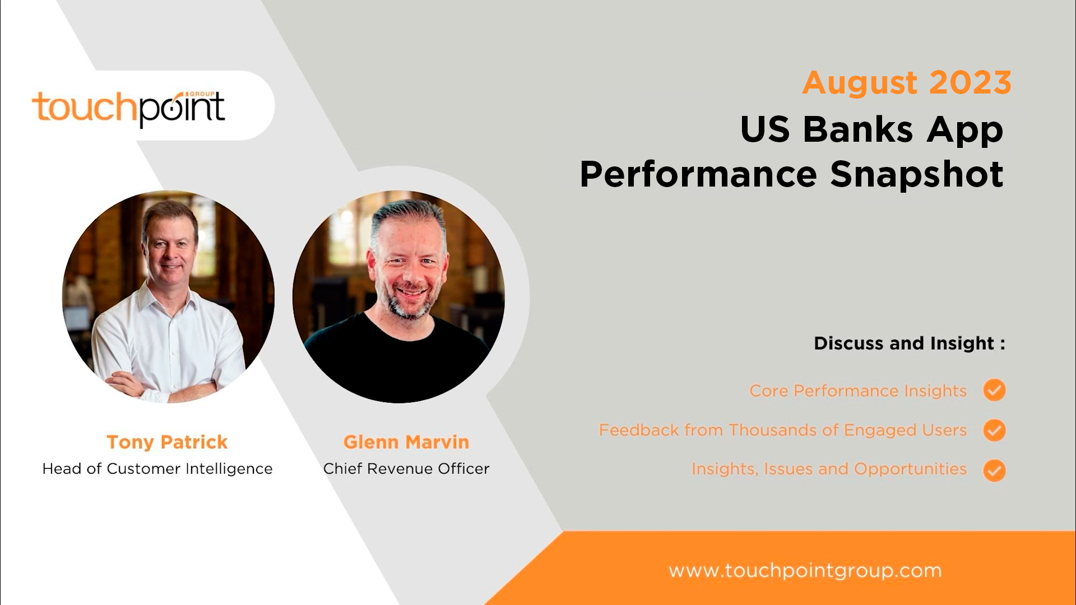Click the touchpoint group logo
point(128,108)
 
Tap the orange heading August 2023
point(906,83)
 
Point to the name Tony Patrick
point(167,442)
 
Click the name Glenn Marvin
point(406,442)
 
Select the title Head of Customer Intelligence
point(157,468)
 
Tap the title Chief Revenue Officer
point(406,468)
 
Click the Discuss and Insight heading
point(909,343)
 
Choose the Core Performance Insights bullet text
point(857,390)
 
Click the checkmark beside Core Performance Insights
point(994,390)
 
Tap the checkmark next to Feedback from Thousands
point(994,430)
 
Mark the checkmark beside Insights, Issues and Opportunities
point(994,471)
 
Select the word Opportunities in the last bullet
point(910,469)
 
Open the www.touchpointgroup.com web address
point(805,570)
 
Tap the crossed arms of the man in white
point(163,387)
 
